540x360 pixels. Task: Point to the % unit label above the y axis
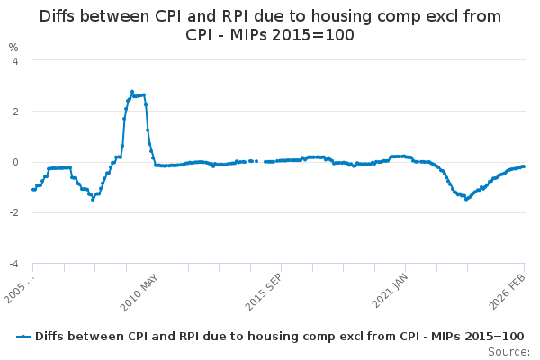[x=13, y=47]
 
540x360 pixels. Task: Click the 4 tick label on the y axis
[x=13, y=60]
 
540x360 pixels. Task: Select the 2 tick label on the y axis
[x=13, y=112]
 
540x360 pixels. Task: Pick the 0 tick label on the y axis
[x=13, y=162]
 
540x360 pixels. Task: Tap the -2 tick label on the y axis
[x=12, y=213]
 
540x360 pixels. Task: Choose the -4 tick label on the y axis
[x=12, y=264]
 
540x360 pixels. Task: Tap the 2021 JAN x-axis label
[x=388, y=290]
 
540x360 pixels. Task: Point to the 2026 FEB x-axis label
[x=510, y=290]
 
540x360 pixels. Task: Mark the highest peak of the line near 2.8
[x=132, y=91]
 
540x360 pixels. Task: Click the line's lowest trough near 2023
[x=466, y=199]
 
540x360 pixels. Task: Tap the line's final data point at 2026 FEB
[x=524, y=166]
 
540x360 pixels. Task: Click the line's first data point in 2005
[x=33, y=189]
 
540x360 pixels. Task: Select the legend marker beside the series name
[x=24, y=336]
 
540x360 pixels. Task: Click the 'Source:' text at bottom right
[x=509, y=351]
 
